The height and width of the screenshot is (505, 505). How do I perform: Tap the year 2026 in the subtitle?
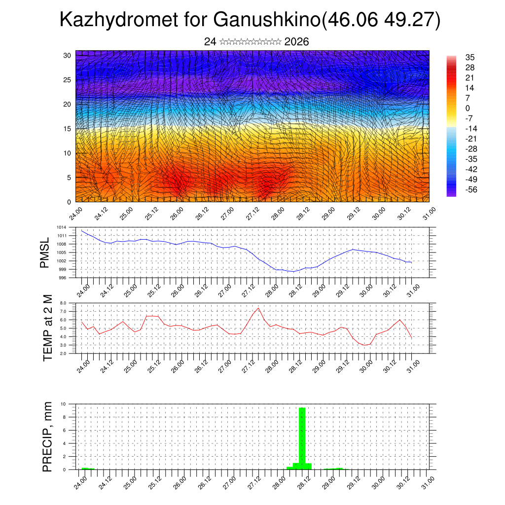coord(296,42)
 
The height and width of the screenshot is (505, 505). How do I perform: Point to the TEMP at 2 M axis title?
coord(47,327)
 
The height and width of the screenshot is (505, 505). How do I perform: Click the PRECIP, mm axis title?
coord(47,436)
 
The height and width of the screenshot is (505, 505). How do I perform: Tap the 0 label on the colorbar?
coord(468,108)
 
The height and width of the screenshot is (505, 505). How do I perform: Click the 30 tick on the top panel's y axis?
coord(67,55)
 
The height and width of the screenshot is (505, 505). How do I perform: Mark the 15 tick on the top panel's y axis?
coord(67,129)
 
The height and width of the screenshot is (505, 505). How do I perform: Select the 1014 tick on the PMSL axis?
coord(61,227)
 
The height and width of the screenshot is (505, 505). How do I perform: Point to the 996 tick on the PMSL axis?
coord(62,278)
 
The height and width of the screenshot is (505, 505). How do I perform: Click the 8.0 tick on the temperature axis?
coord(63,303)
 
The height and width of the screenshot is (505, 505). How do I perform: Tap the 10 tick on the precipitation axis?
coord(63,404)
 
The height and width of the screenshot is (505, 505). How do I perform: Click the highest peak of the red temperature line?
coord(258,308)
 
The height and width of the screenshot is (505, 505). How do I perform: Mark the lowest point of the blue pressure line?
coord(293,272)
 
